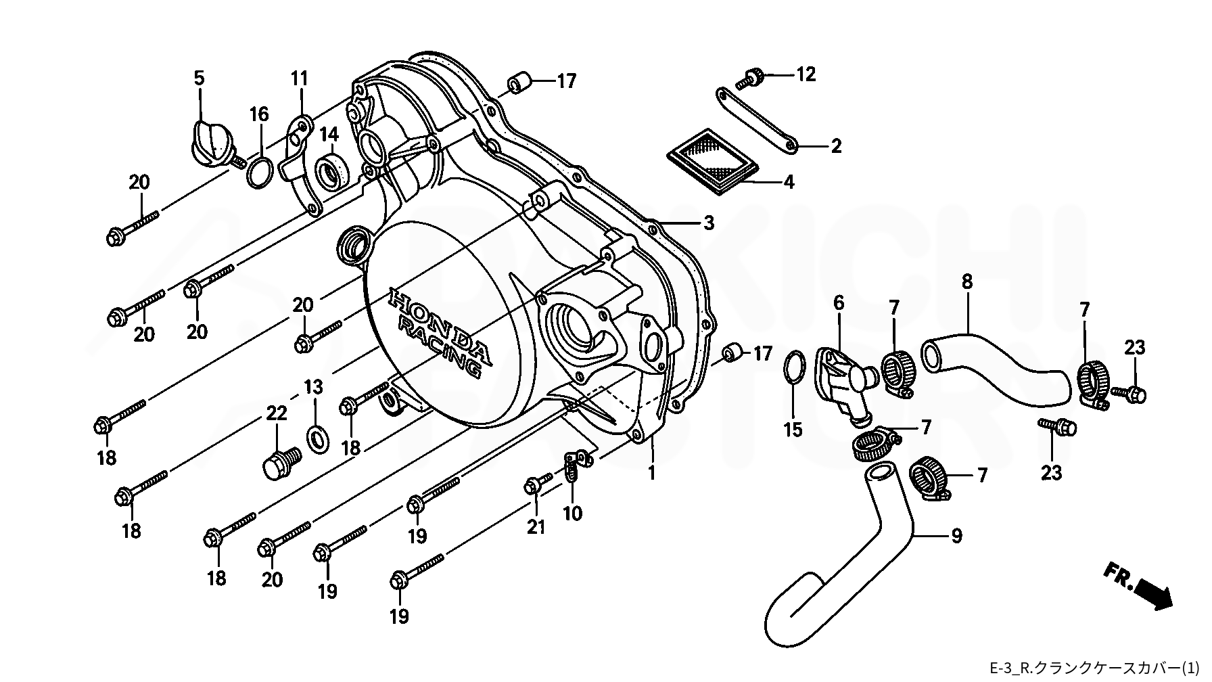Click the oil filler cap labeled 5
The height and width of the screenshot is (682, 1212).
pos(211,143)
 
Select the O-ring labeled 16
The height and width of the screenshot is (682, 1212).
pos(260,173)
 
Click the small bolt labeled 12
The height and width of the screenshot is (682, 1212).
pos(750,78)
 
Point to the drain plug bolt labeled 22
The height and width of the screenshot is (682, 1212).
pos(281,462)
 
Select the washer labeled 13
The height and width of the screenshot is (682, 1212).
pos(316,438)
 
